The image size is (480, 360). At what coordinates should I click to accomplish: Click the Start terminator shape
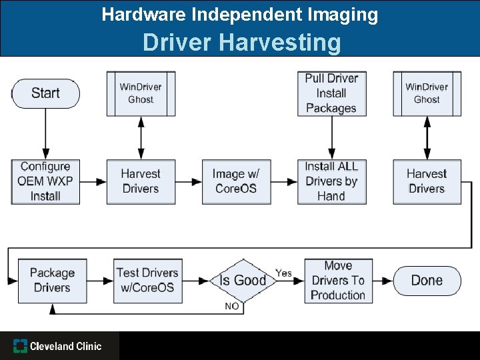[x=45, y=93]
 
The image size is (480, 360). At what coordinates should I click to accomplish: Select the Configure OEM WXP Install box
[x=45, y=181]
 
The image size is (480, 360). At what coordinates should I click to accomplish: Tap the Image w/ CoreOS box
[x=236, y=181]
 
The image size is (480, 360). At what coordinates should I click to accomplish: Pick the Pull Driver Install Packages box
[x=331, y=93]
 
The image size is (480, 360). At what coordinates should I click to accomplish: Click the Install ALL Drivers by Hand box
[x=331, y=181]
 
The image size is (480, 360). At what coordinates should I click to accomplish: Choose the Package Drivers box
[x=52, y=280]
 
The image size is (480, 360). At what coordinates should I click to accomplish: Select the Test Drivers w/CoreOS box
[x=147, y=280]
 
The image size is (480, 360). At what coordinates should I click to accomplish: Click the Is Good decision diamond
[x=243, y=280]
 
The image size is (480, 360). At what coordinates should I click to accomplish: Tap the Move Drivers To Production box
[x=338, y=280]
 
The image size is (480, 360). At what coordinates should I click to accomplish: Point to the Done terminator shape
[x=427, y=280]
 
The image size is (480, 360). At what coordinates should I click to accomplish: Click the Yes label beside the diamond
[x=284, y=273]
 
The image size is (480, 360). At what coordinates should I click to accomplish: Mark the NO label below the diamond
[x=232, y=306]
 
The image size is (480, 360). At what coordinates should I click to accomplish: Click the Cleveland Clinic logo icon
[x=21, y=346]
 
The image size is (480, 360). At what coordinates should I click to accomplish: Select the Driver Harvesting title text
[x=241, y=43]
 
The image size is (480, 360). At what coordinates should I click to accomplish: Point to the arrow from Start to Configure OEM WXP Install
[x=45, y=133]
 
